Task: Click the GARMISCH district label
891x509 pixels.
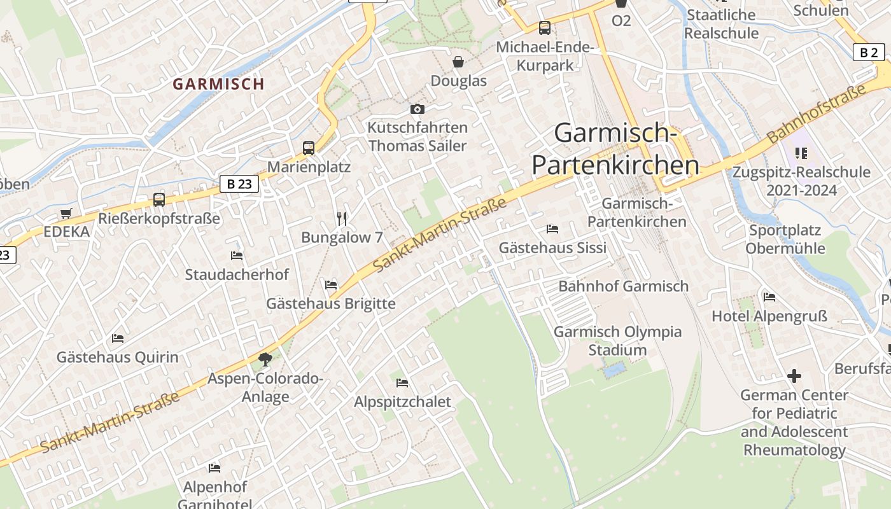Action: [x=218, y=84]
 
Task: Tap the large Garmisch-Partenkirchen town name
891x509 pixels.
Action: [x=615, y=150]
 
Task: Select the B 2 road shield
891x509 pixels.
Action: [x=869, y=52]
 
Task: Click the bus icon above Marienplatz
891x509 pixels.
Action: [x=309, y=148]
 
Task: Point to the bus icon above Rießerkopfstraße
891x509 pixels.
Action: [x=159, y=200]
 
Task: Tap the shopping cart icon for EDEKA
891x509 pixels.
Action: [x=66, y=213]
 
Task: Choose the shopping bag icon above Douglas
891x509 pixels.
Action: [x=458, y=62]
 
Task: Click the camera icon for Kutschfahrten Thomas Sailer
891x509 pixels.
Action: [x=417, y=109]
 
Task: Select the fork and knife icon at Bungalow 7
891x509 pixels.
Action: [x=342, y=219]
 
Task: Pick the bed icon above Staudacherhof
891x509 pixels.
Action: [x=237, y=256]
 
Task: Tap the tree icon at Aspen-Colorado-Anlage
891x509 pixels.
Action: [x=265, y=359]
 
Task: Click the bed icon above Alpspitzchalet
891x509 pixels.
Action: [x=402, y=383]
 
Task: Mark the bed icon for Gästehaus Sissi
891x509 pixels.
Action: [x=552, y=229]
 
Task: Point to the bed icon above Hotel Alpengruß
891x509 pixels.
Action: [x=769, y=296]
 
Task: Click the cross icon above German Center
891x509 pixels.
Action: [x=794, y=376]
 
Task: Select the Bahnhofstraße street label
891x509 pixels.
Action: [x=817, y=113]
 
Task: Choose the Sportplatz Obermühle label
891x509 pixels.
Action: [x=785, y=239]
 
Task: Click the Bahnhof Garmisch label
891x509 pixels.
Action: [x=623, y=286]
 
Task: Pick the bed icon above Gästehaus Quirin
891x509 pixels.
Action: [x=118, y=338]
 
